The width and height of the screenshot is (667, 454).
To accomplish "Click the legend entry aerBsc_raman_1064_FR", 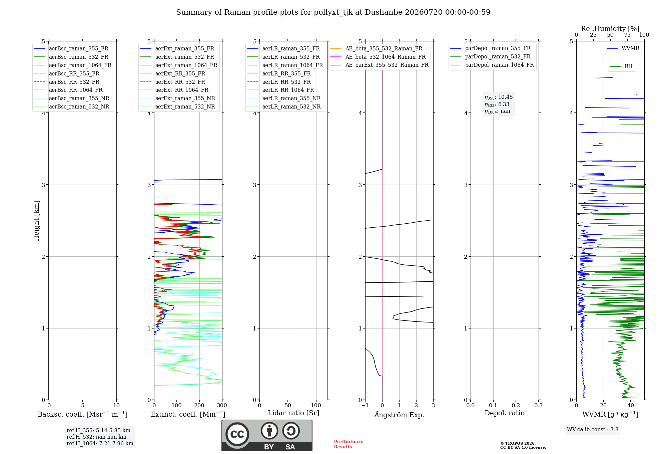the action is pos(73,65).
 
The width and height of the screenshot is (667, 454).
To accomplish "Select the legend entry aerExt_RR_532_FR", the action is pos(173,82).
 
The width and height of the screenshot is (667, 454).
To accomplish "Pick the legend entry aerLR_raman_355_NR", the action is pos(284,98).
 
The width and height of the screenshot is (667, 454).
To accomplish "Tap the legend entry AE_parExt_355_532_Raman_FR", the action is pos(379,65).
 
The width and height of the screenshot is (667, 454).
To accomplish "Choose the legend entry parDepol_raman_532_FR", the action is pos(490,57).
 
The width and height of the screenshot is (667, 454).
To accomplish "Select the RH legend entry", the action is pos(621,66).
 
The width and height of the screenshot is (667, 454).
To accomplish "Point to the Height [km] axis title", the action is pos(36,221).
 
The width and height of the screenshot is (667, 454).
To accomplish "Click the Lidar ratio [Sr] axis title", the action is pos(293,413).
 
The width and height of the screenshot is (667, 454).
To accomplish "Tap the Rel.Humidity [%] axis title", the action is pos(610,29).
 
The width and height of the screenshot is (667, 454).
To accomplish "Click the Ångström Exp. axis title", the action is pos(399,415).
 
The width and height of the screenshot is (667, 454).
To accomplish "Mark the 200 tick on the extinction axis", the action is pos(199,405).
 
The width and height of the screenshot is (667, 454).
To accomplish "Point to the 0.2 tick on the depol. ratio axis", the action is pos(516,405).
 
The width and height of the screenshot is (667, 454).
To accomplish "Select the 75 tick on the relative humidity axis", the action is pos(627,35).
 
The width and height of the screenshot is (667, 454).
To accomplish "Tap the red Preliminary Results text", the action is pos(349,444).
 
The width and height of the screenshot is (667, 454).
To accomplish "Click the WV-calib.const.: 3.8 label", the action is pos(593,430).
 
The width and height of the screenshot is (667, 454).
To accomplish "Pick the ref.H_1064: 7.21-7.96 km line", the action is pos(100,444).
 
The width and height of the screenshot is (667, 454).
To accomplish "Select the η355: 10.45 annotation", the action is pos(499,97).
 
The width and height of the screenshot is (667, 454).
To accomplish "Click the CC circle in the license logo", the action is pos(237,434).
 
